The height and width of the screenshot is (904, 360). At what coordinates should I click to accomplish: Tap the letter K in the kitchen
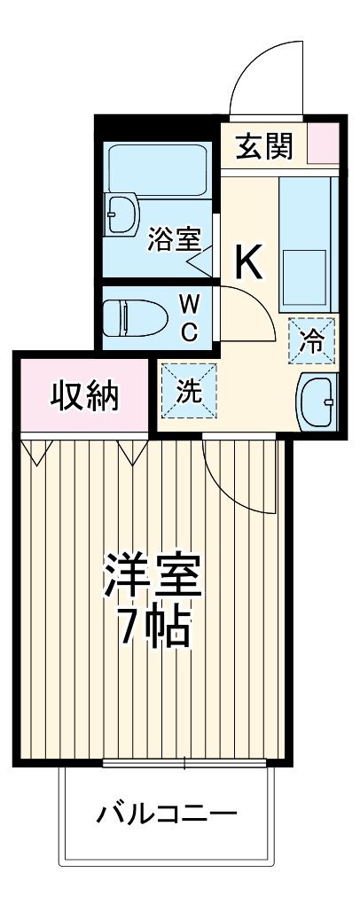247,261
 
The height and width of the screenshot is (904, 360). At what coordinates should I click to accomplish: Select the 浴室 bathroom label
174,238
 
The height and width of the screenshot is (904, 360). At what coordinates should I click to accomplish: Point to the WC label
190,316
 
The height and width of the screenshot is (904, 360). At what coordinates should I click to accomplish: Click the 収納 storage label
85,396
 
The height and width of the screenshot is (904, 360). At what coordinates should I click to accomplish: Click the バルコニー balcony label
167,813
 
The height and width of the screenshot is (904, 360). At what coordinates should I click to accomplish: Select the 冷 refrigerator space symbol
312,339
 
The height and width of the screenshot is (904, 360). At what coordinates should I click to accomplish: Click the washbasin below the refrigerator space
317,401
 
